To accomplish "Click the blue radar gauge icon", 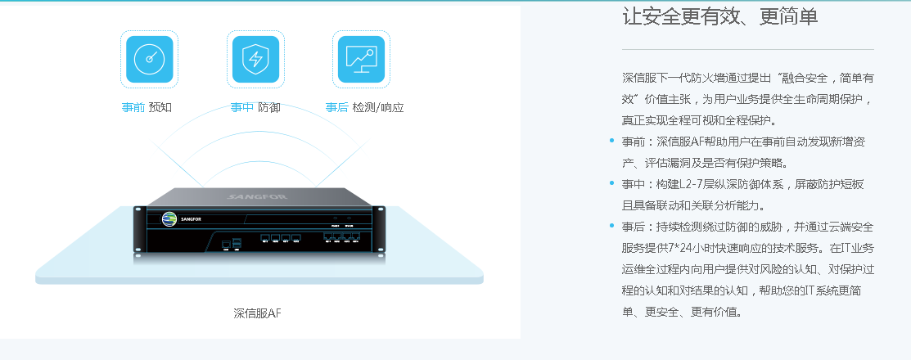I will [x=149, y=59].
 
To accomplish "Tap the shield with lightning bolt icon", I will [x=255, y=59].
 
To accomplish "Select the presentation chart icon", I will [x=361, y=59].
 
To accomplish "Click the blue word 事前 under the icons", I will [x=133, y=107].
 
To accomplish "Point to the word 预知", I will [x=160, y=107].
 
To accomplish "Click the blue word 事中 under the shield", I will [x=241, y=107].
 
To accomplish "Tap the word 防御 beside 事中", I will [x=269, y=107].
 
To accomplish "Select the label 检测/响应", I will [x=378, y=107].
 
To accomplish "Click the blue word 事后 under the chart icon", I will [x=337, y=107].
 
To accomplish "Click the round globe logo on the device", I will [x=169, y=218].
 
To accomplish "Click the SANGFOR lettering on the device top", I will [x=252, y=196].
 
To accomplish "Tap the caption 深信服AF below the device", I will [x=257, y=313].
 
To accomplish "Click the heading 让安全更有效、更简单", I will [x=719, y=17].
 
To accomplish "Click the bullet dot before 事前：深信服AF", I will [x=611, y=141].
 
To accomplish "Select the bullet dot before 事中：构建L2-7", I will [x=611, y=183].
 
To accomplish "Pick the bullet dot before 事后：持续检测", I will [x=611, y=226].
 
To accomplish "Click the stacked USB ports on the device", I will [x=237, y=242].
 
